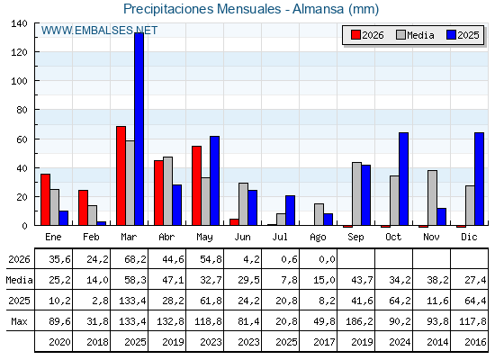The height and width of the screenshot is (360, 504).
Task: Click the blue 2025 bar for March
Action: pyautogui.click(x=139, y=129)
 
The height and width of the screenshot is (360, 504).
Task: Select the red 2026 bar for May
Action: pyautogui.click(x=197, y=185)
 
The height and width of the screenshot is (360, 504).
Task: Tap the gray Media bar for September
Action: pyautogui.click(x=356, y=193)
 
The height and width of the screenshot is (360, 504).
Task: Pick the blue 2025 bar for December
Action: pyautogui.click(x=479, y=179)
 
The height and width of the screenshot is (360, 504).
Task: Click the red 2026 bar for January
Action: pyautogui.click(x=45, y=200)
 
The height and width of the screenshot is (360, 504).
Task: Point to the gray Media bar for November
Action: pyautogui.click(x=432, y=198)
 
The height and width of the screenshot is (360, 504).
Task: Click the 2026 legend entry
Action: pyautogui.click(x=367, y=35)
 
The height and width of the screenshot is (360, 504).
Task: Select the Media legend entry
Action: pyautogui.click(x=415, y=35)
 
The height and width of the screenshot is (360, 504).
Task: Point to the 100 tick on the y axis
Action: pyautogui.click(x=20, y=81)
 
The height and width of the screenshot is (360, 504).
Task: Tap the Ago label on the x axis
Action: pyautogui.click(x=318, y=238)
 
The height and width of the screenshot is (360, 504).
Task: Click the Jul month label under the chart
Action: pyautogui.click(x=280, y=237)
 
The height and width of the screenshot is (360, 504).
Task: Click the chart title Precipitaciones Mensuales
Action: pyautogui.click(x=202, y=9)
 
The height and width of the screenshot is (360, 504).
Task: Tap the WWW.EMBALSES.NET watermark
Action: pyautogui.click(x=99, y=31)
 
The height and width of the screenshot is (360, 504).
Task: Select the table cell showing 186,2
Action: pyautogui.click(x=359, y=321)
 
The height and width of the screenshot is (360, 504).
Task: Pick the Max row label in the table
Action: pyautogui.click(x=19, y=321)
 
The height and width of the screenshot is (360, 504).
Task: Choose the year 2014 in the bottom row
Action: pyautogui.click(x=437, y=342)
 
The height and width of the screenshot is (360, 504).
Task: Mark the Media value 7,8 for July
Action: pyautogui.click(x=289, y=280)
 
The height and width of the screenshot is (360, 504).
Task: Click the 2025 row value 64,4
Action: pyautogui.click(x=475, y=301)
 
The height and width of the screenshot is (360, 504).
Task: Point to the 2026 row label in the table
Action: pyautogui.click(x=19, y=259)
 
